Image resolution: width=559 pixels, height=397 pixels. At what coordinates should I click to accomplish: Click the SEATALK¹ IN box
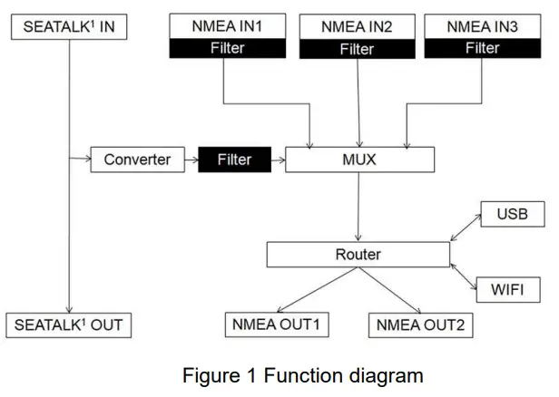[68, 26]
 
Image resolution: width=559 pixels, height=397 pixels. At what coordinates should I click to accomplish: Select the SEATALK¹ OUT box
[68, 324]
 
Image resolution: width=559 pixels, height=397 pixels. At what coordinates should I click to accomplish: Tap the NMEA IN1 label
[226, 27]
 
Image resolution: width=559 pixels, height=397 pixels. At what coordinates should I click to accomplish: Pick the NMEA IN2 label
[357, 27]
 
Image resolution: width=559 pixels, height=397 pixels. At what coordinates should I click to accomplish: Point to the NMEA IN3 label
[482, 27]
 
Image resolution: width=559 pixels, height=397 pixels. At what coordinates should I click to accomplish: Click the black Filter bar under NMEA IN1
[226, 48]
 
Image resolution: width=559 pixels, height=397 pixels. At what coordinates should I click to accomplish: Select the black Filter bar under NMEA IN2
[357, 49]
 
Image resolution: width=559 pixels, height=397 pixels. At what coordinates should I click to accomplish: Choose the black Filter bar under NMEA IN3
[482, 48]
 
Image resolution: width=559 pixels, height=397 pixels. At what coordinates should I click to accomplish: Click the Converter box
[136, 160]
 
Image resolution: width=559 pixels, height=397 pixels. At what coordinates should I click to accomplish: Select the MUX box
[359, 160]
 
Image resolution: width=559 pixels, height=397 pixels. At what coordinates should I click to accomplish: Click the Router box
[358, 255]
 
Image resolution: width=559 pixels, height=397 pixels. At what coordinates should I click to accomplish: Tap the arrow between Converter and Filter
[191, 160]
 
